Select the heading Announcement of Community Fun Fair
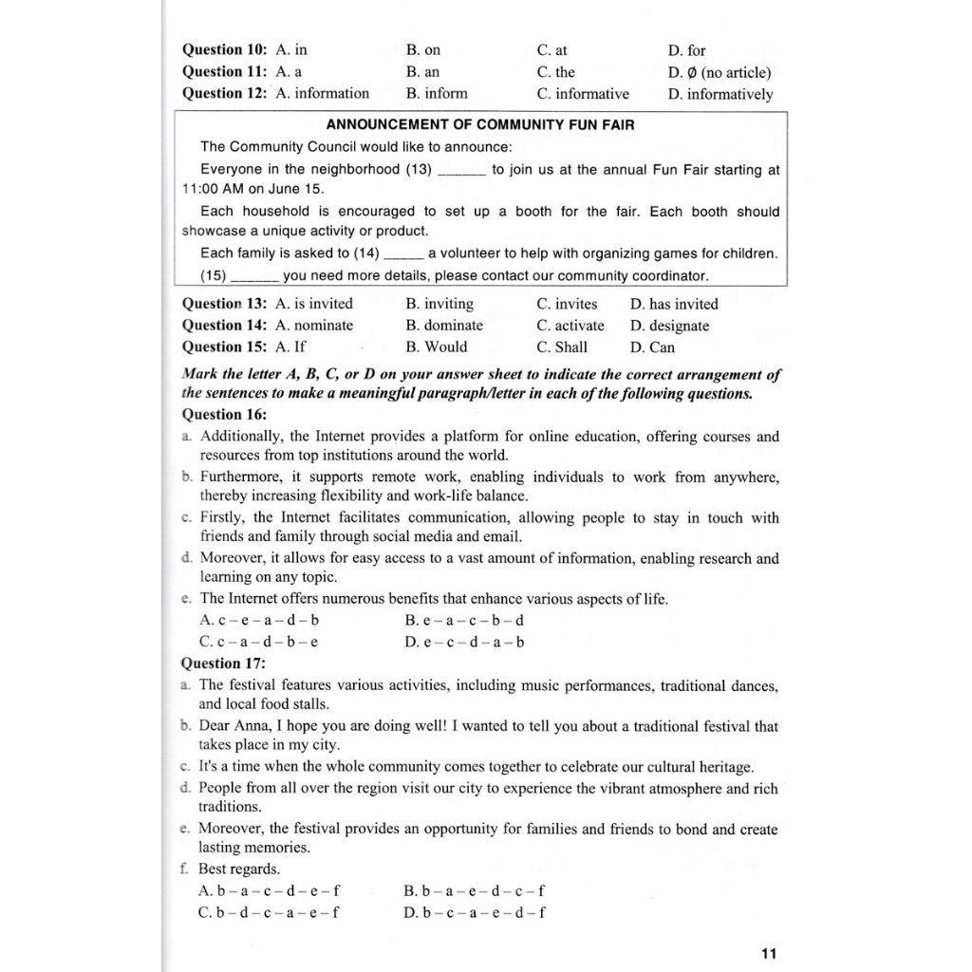point(480,124)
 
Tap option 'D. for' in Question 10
point(686,50)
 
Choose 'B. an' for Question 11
point(422,72)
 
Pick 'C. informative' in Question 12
point(582,94)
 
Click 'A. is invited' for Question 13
point(313,304)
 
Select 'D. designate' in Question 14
point(669,326)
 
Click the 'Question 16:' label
point(224,414)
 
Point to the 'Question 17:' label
point(224,664)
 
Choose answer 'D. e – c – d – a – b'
point(464,642)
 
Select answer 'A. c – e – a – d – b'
point(259,620)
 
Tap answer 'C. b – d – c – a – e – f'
point(269,912)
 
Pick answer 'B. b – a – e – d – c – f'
point(475,890)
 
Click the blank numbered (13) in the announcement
point(463,171)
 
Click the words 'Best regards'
point(238,869)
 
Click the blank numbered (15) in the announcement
point(254,276)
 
